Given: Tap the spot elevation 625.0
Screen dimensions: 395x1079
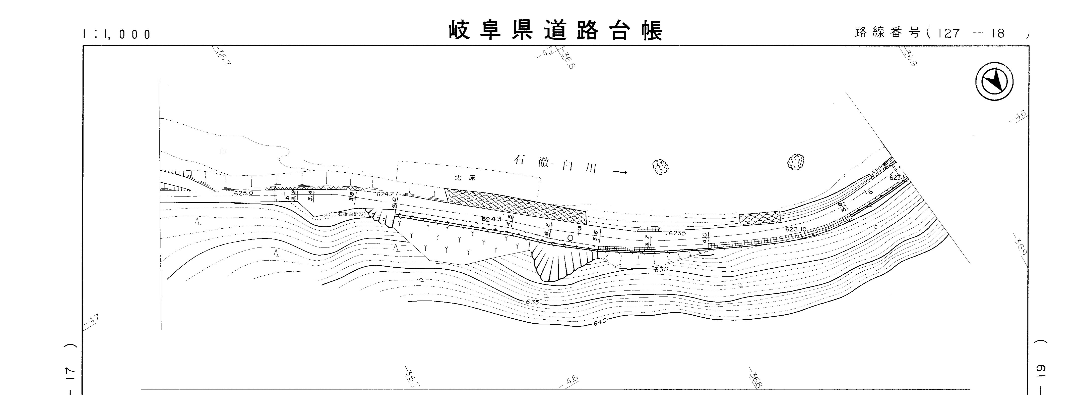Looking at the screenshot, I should click(243, 193).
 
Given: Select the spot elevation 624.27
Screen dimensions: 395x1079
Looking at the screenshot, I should click(388, 194).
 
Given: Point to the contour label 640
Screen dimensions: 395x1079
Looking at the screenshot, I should click(600, 322).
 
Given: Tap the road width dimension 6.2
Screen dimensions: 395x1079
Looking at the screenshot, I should click(547, 229).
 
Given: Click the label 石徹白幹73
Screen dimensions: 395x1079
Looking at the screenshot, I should click(351, 214).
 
